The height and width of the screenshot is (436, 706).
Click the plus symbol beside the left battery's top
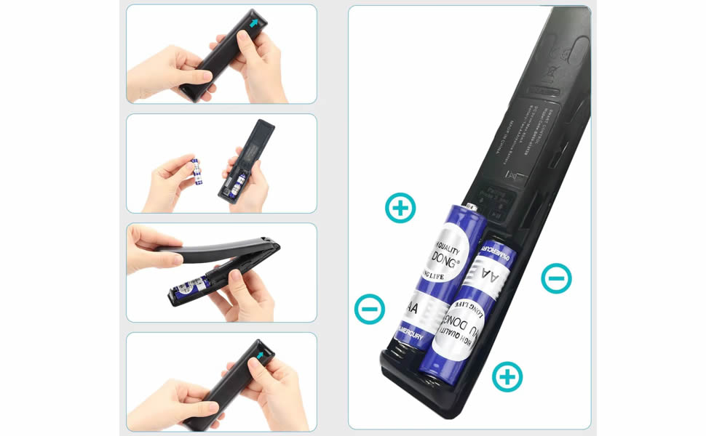[x=400, y=208]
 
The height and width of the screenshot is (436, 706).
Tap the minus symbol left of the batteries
[x=370, y=309]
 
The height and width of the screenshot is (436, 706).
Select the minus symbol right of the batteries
[x=556, y=278]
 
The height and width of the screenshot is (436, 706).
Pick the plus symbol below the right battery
[x=507, y=376]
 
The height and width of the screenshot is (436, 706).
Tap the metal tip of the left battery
[x=472, y=207]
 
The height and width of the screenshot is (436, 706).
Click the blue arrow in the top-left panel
[x=253, y=24]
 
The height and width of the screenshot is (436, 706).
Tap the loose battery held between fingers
[x=196, y=171]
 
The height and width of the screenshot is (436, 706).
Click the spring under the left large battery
[x=399, y=357]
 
